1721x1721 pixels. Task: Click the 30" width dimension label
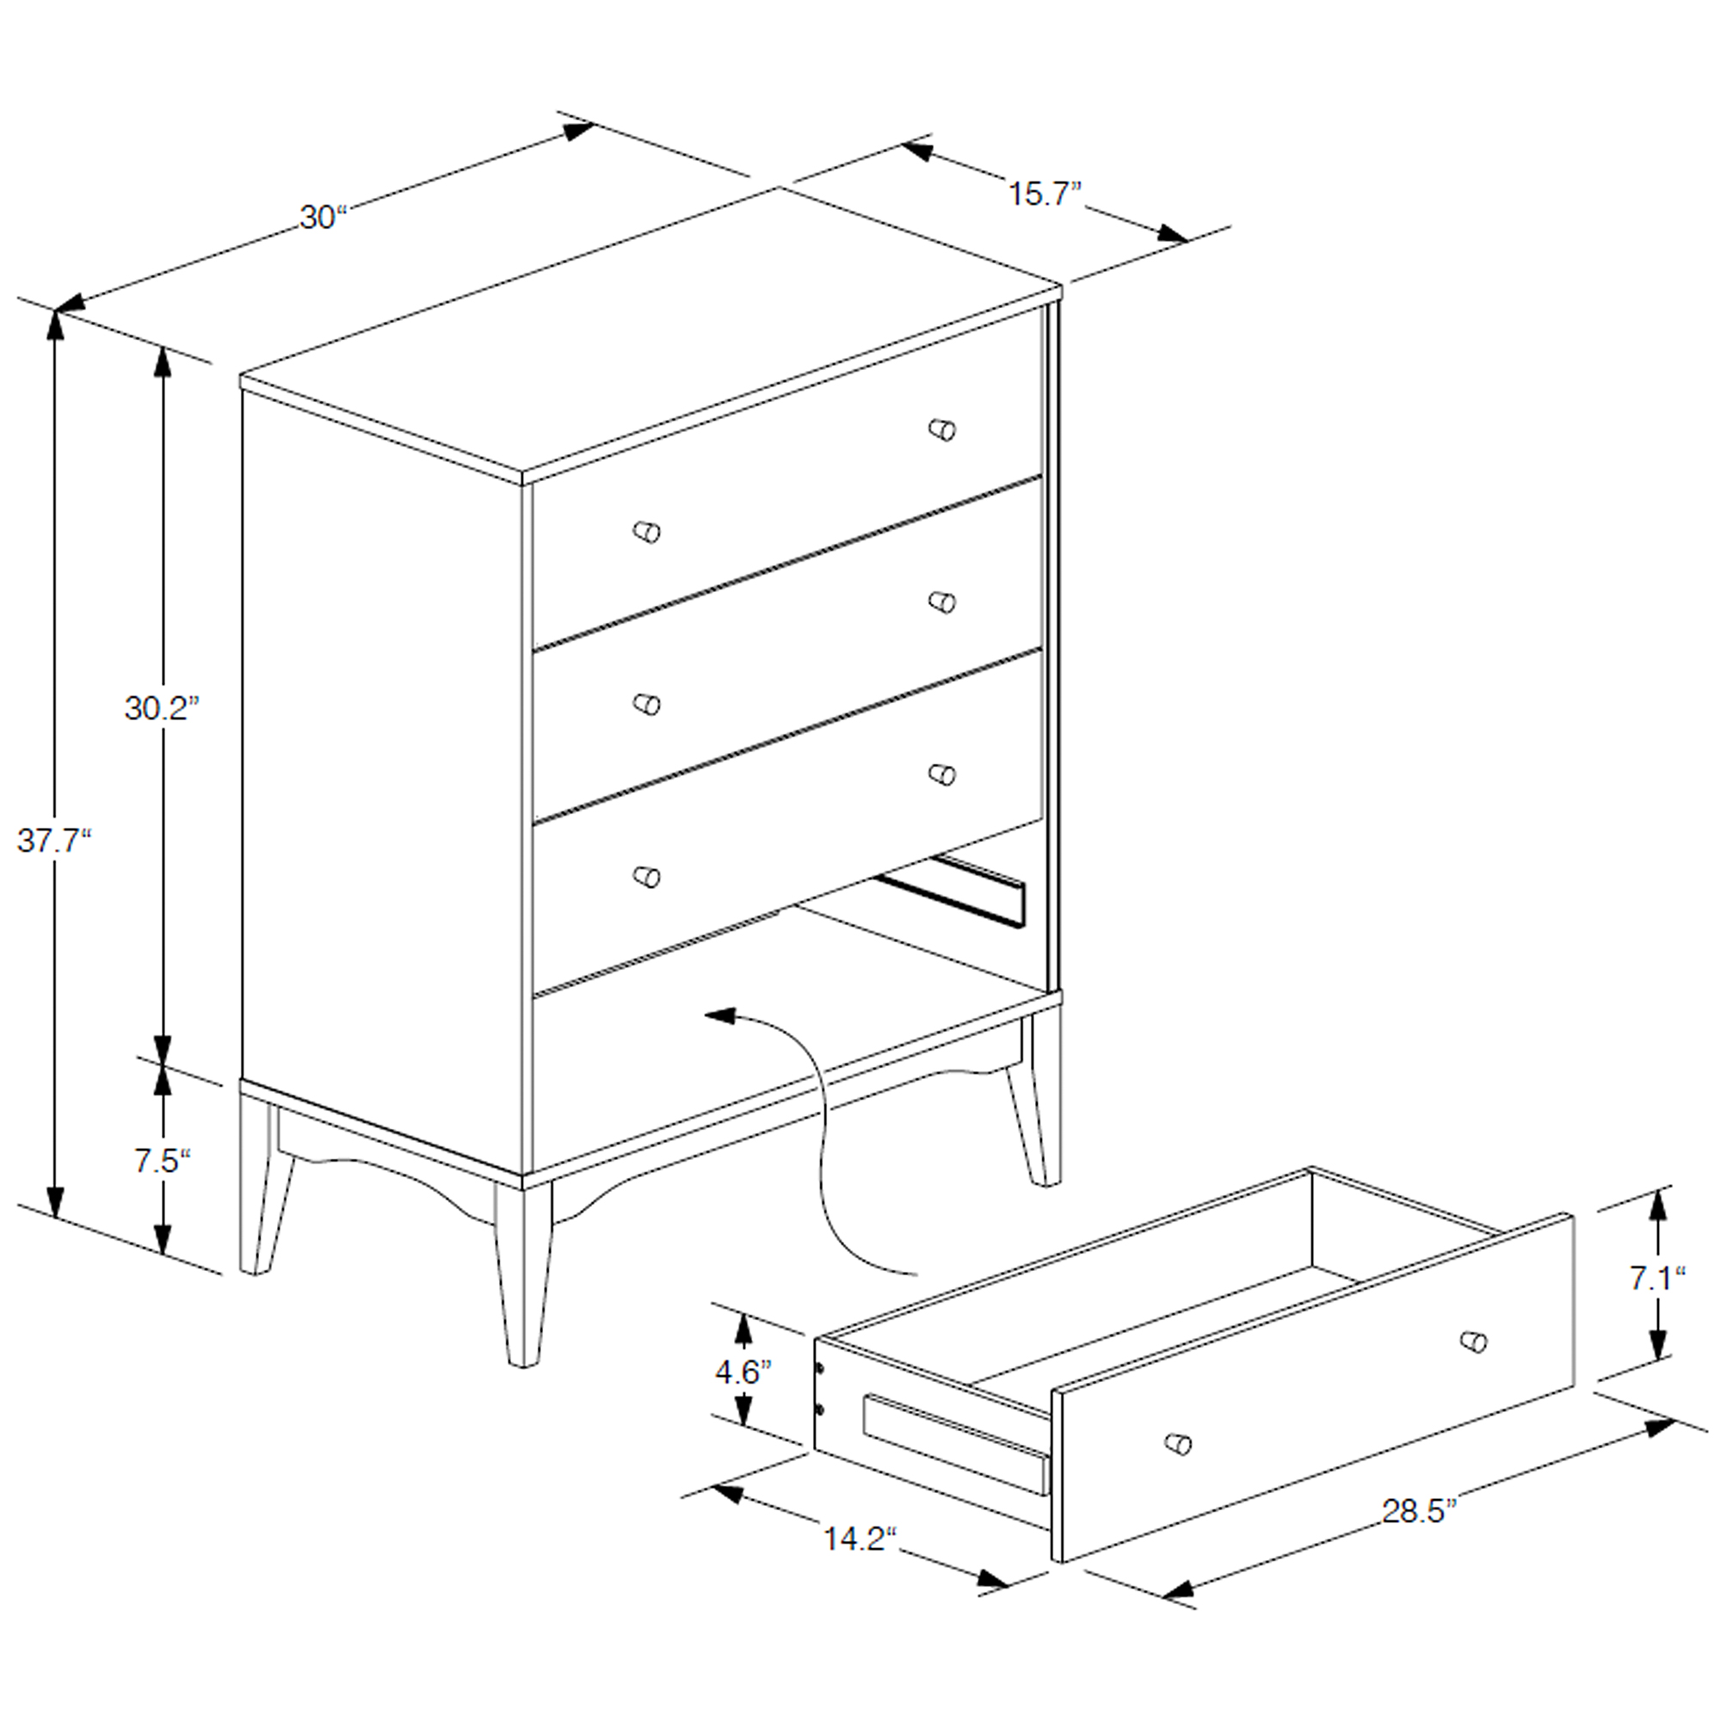[323, 218]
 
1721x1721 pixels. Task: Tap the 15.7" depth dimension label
[1045, 194]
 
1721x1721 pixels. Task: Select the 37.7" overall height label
[54, 840]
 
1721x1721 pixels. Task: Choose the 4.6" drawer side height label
[743, 1372]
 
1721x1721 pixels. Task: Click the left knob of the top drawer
[647, 532]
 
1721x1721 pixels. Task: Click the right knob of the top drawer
[941, 429]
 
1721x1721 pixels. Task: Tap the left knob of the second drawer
[647, 705]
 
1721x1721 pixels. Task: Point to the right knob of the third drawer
[941, 774]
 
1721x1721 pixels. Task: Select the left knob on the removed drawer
[1178, 1442]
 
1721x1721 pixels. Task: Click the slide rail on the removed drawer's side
[954, 1444]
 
